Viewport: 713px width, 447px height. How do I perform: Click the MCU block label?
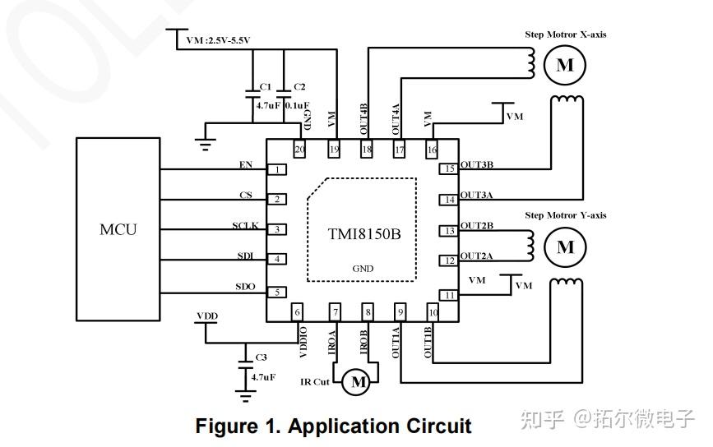point(118,229)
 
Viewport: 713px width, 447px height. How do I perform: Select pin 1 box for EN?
point(280,169)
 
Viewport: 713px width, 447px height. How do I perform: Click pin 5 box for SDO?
point(280,292)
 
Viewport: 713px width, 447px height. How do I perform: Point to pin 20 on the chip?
point(299,150)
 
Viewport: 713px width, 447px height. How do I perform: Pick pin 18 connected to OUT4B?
point(366,150)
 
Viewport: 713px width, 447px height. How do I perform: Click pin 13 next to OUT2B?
point(449,231)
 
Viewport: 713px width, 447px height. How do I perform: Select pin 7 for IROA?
point(335,312)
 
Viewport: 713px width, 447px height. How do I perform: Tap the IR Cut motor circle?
point(358,381)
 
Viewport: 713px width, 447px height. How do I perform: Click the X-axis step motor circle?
point(564,66)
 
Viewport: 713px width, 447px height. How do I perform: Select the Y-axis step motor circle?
point(565,247)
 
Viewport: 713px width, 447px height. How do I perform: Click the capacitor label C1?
point(265,86)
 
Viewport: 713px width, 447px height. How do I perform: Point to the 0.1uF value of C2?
point(297,105)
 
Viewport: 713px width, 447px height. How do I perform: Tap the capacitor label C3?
point(261,357)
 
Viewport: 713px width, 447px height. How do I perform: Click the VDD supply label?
point(207,315)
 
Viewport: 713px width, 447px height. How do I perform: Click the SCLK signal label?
point(245,226)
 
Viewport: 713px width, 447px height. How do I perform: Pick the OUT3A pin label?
point(477,195)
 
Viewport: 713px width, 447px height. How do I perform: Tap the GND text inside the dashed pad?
point(362,269)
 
